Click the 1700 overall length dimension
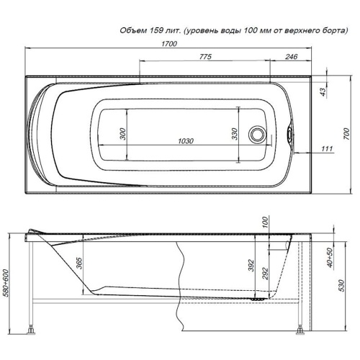tap(169, 44)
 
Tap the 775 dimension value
tap(206, 57)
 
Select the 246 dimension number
tap(292, 57)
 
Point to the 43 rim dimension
tap(323, 91)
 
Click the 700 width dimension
tap(346, 135)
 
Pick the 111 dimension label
tap(327, 149)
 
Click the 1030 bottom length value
tap(186, 141)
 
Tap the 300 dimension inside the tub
tap(122, 134)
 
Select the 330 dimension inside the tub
tap(235, 134)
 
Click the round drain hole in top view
tap(257, 135)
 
